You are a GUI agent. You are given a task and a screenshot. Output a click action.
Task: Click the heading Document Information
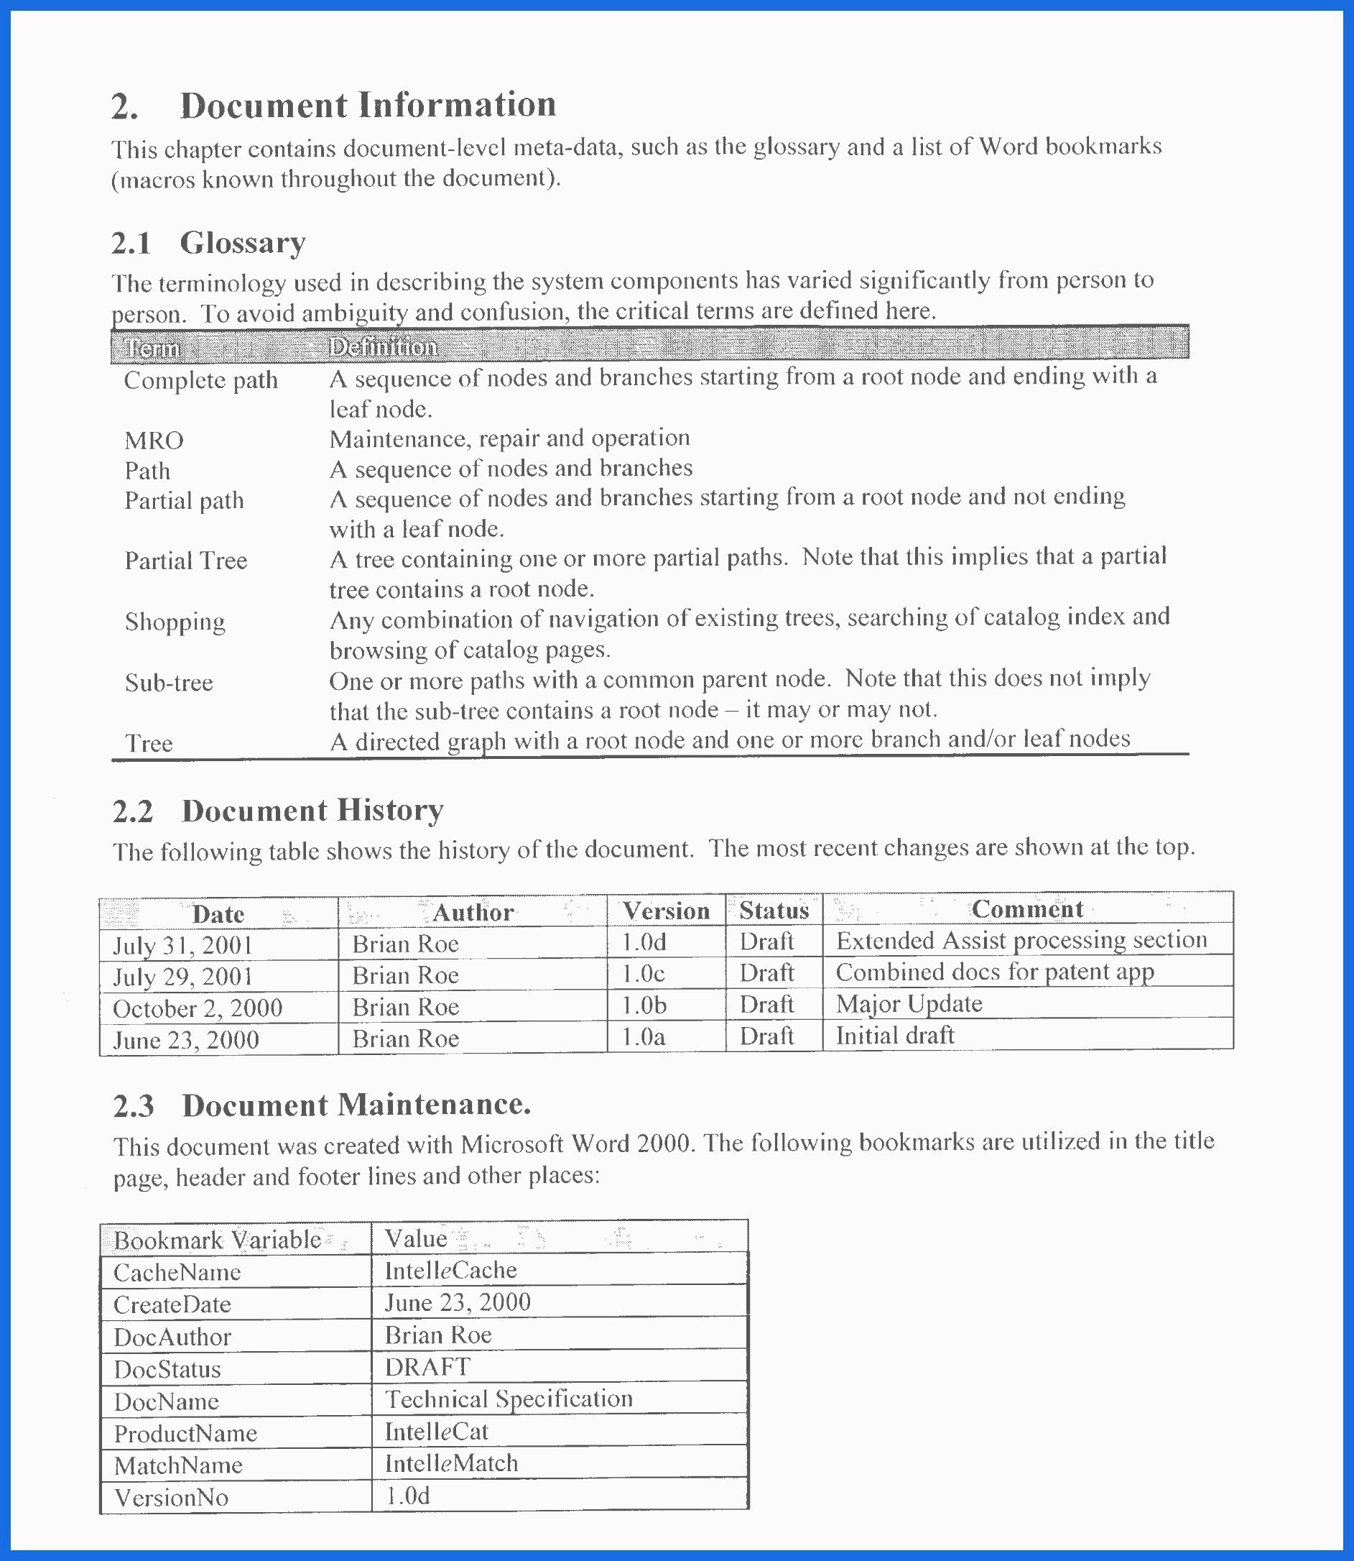pos(367,104)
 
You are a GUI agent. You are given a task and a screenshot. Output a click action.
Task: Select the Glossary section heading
pos(242,243)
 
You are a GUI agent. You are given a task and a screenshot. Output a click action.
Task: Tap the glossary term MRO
pos(154,440)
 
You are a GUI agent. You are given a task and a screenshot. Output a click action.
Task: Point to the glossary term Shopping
pos(175,622)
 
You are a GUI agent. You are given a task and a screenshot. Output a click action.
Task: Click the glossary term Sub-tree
pos(169,683)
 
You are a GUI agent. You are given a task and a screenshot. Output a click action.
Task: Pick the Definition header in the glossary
pos(383,347)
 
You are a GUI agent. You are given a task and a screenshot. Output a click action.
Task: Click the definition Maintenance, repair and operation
pos(509,438)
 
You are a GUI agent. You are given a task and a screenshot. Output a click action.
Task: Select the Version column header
pos(666,911)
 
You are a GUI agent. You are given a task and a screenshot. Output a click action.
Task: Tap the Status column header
pos(774,910)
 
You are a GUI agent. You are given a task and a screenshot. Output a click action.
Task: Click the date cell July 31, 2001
pos(183,945)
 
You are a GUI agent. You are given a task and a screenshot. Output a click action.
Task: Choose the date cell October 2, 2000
pos(198,1008)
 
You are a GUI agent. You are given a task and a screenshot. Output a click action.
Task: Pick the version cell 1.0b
pos(644,1005)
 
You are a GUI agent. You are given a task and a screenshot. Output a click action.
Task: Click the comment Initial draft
pos(894,1035)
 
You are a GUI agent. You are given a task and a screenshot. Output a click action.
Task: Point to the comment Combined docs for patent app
pos(994,972)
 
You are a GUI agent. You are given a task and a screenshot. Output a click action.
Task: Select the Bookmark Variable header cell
pos(218,1240)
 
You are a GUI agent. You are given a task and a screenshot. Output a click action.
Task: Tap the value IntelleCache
pos(450,1270)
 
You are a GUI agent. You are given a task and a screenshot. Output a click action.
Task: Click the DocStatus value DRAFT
pos(427,1367)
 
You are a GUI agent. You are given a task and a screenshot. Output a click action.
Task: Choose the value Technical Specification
pos(509,1399)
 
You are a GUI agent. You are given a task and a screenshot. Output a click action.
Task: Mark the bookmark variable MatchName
pos(178,1465)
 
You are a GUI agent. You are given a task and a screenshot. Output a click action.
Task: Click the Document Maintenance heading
pos(356,1105)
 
